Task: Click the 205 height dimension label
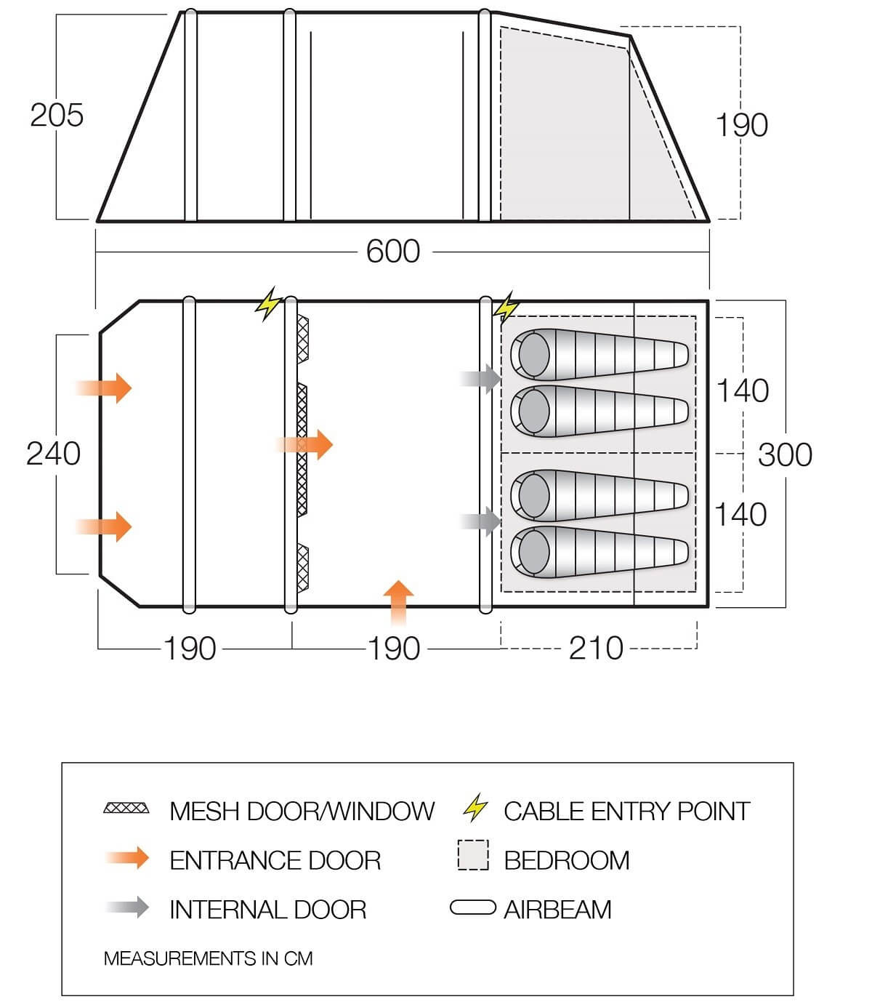tap(57, 116)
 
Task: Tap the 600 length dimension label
tap(393, 252)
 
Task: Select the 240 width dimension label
tap(53, 454)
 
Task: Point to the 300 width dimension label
tap(785, 454)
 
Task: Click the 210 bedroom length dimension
tap(596, 649)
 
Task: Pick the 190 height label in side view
tap(741, 125)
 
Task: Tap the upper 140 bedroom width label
tap(743, 390)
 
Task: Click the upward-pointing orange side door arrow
tap(398, 602)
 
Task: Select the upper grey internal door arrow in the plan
tap(480, 379)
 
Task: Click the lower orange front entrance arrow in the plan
tap(104, 526)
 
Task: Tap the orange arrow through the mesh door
tap(304, 445)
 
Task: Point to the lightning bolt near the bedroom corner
tap(506, 308)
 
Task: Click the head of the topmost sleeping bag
tap(533, 355)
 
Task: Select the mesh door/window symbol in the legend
tap(126, 808)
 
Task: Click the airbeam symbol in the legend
tap(473, 907)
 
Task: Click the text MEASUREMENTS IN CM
tap(208, 958)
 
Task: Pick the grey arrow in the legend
tap(127, 907)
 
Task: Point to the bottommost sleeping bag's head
tap(533, 552)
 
